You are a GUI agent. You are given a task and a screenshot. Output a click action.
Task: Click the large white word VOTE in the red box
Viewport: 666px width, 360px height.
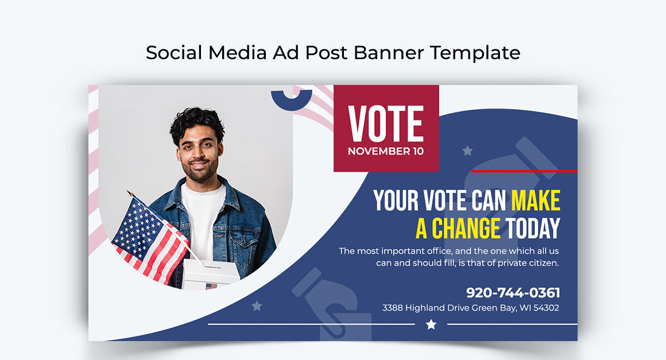pyautogui.click(x=386, y=123)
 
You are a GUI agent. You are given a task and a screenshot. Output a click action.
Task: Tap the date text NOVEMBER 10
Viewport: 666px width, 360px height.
pyautogui.click(x=386, y=152)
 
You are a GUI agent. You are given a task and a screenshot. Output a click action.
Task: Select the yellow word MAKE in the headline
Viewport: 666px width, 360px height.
pyautogui.click(x=536, y=200)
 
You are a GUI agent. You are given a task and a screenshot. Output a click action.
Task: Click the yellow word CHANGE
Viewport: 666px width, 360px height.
pyautogui.click(x=466, y=229)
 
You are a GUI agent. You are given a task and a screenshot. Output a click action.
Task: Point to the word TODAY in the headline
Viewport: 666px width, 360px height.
pyautogui.click(x=533, y=229)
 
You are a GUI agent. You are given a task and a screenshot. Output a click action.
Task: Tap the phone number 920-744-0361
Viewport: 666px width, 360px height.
pyautogui.click(x=513, y=292)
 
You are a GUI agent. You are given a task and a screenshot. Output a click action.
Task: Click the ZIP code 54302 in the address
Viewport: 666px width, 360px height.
pyautogui.click(x=546, y=308)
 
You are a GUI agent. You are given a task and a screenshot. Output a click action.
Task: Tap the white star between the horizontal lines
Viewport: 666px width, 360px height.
pyautogui.click(x=431, y=324)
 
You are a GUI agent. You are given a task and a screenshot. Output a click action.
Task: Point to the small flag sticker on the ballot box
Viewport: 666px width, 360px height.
pyautogui.click(x=211, y=285)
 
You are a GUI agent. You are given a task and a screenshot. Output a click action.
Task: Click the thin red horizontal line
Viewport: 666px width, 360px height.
pyautogui.click(x=524, y=171)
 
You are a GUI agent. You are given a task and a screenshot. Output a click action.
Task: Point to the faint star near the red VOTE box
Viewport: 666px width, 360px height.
pyautogui.click(x=467, y=151)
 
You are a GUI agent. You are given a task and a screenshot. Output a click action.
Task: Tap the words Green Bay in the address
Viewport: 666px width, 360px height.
pyautogui.click(x=493, y=308)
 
